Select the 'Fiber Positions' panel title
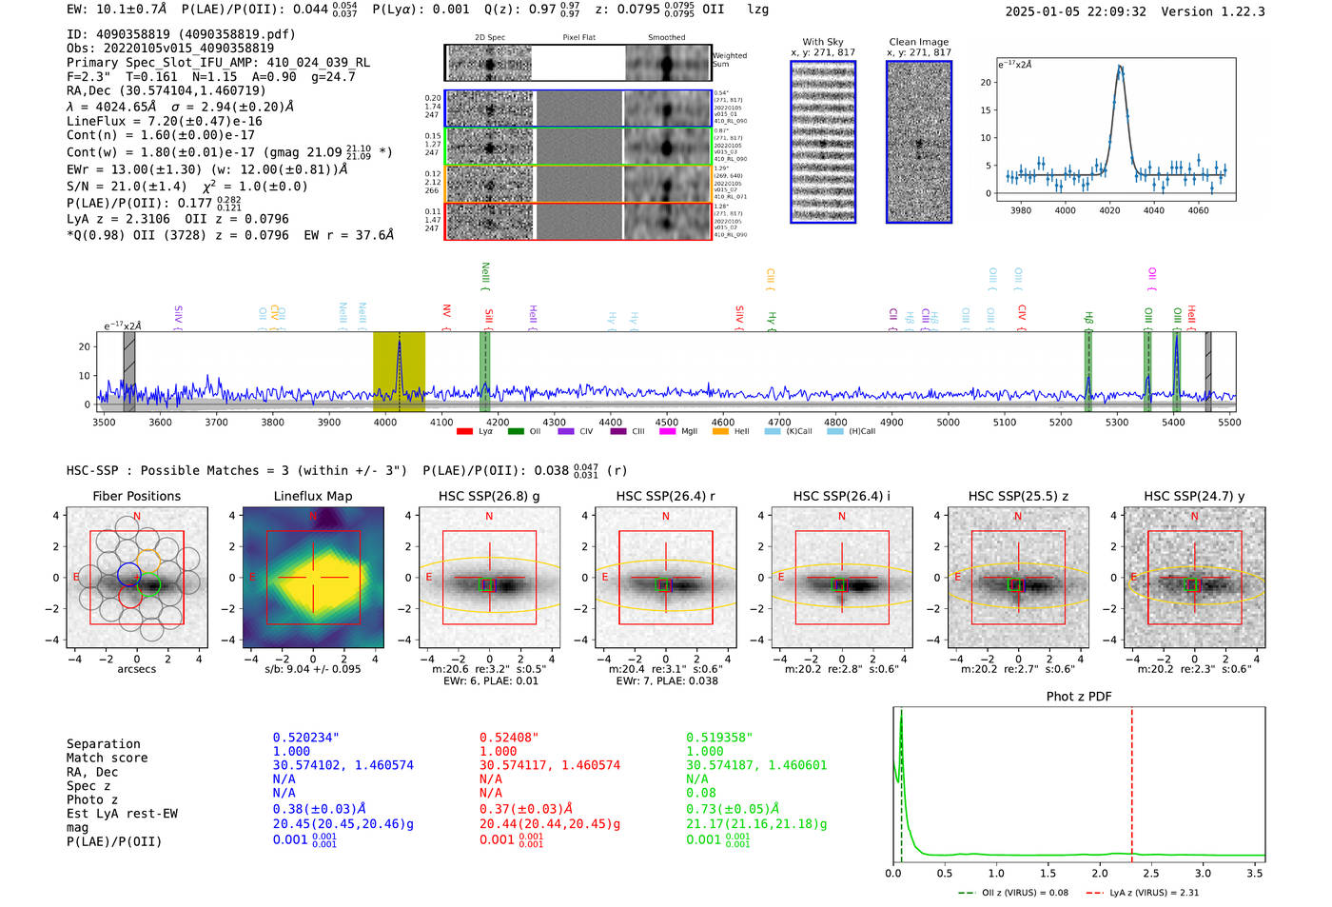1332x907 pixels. (x=136, y=496)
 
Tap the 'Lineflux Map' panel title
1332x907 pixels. (x=312, y=496)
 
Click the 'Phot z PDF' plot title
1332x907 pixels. (x=1079, y=696)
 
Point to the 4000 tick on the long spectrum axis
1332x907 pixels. (x=385, y=423)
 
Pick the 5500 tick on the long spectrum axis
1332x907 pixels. (x=1228, y=423)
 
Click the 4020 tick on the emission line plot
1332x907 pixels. (x=1109, y=210)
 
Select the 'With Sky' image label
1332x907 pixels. (x=823, y=42)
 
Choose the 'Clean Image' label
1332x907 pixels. (x=918, y=42)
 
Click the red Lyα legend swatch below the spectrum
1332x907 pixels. (x=464, y=431)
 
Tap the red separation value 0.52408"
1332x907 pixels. (x=509, y=738)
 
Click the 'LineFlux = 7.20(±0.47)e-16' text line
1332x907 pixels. (x=164, y=121)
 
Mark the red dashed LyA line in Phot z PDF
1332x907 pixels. (x=1131, y=780)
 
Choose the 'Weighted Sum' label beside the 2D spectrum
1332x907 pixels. (x=730, y=60)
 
